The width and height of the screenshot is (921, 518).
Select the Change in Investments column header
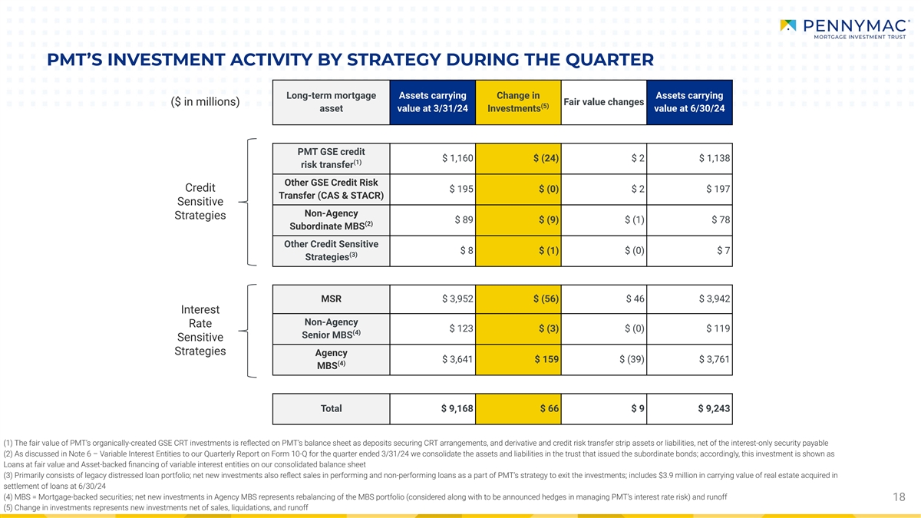[x=518, y=102]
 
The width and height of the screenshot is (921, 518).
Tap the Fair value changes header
[x=603, y=102]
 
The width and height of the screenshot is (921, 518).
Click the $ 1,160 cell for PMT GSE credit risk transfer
[x=457, y=159]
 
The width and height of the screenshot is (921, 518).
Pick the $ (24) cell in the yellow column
[x=545, y=159]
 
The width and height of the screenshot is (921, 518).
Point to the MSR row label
[x=331, y=299]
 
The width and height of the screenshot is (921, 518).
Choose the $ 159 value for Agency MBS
[x=546, y=360]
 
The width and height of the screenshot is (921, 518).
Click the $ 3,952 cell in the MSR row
[x=457, y=299]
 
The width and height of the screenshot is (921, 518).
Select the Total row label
[x=331, y=409]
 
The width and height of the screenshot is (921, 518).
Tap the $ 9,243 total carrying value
[x=714, y=409]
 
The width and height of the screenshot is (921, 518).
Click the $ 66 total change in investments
[x=549, y=409]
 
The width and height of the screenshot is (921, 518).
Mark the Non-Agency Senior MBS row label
[x=331, y=329]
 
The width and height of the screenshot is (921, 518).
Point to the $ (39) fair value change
[x=632, y=360]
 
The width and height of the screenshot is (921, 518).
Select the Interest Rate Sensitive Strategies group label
[x=200, y=330]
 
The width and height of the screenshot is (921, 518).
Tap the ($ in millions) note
[x=204, y=102]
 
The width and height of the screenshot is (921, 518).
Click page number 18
[x=900, y=497]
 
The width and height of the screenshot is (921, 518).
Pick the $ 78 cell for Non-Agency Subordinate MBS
[x=721, y=220]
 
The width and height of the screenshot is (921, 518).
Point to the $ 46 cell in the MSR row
[x=635, y=299]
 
